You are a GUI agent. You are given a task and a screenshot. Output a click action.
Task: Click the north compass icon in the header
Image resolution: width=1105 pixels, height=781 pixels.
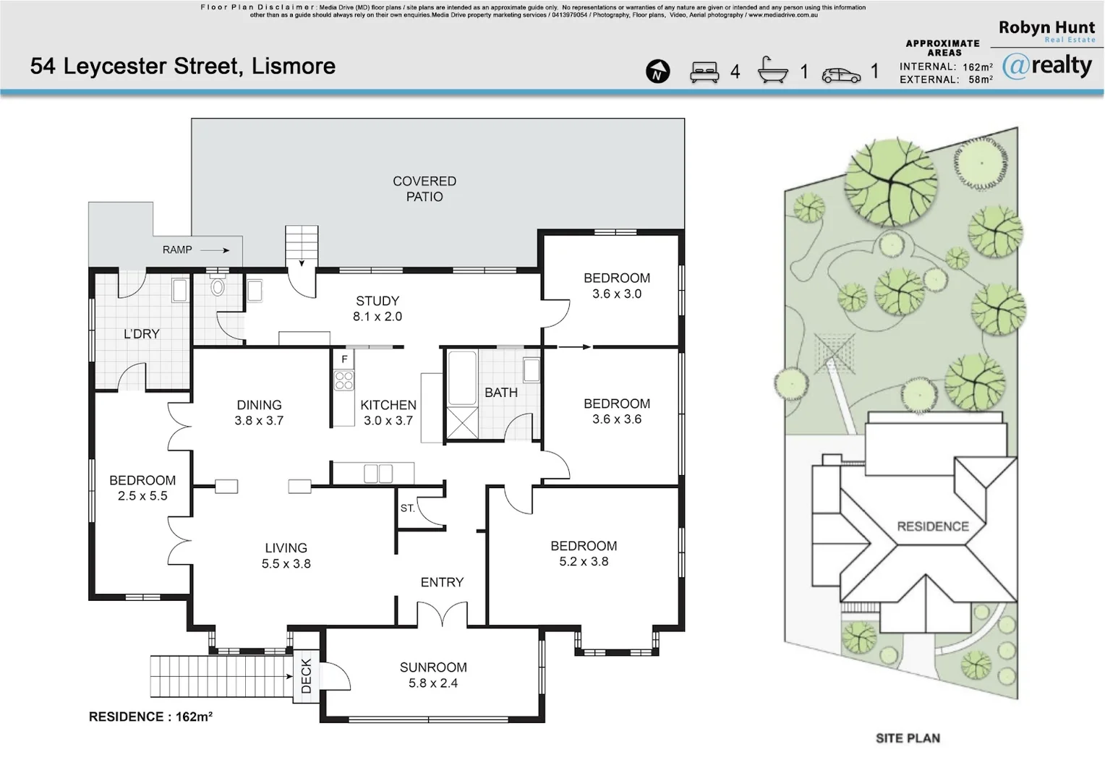(x=657, y=72)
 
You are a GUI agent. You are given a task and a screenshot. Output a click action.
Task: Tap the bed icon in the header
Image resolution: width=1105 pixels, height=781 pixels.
(x=704, y=72)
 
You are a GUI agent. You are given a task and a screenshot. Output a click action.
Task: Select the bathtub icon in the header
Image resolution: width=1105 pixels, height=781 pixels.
(x=772, y=71)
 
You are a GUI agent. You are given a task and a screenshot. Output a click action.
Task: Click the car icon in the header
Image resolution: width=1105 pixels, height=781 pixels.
(x=841, y=74)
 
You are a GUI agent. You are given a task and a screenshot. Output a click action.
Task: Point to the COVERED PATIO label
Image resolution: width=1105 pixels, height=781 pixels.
(x=424, y=189)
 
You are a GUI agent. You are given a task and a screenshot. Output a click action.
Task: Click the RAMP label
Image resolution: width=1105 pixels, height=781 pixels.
(x=177, y=249)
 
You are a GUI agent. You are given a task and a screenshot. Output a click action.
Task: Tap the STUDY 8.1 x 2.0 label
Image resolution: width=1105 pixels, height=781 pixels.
(x=377, y=309)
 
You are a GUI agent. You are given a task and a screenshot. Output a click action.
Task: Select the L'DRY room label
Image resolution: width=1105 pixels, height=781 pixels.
(x=141, y=334)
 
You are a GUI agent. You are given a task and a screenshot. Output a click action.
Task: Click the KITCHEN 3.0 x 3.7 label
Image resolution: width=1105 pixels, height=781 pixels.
(x=388, y=412)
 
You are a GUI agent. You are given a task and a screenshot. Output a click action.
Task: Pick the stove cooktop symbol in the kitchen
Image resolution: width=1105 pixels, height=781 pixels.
(x=344, y=380)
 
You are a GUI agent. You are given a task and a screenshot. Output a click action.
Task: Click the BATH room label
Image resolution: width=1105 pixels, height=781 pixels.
(x=501, y=393)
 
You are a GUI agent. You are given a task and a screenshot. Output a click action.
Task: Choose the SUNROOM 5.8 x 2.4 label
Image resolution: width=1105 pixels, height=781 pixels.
(x=433, y=675)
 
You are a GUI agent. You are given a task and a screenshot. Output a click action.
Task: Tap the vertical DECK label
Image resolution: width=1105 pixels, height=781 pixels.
(x=306, y=675)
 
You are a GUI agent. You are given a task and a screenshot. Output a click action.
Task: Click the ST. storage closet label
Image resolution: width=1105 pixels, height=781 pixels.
(x=408, y=508)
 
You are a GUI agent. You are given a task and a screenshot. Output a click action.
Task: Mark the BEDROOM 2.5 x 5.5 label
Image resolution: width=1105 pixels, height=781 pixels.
(x=142, y=488)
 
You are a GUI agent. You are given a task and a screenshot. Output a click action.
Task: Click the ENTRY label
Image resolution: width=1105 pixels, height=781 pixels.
(x=442, y=582)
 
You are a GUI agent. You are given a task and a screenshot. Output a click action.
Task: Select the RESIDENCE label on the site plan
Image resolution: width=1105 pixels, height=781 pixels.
(x=933, y=526)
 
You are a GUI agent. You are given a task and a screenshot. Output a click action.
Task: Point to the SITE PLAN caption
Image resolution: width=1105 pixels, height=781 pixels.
(x=908, y=738)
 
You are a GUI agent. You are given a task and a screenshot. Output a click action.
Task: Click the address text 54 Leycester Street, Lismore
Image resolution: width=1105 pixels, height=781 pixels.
(x=183, y=67)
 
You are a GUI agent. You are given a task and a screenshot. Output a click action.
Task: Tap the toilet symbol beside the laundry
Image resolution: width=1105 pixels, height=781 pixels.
(x=218, y=288)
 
